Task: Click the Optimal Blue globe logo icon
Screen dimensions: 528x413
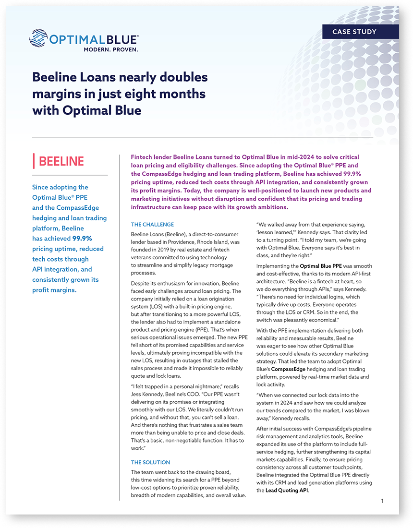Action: point(39,38)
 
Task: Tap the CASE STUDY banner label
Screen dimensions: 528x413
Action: point(354,32)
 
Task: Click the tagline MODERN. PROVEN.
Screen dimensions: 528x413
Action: point(111,49)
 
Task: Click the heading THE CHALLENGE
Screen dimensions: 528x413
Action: point(153,224)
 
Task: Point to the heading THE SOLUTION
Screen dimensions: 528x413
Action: point(151,463)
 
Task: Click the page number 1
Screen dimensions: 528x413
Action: point(382,501)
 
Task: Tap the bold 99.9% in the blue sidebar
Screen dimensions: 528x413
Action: point(82,239)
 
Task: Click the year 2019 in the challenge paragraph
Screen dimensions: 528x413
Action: point(165,250)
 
